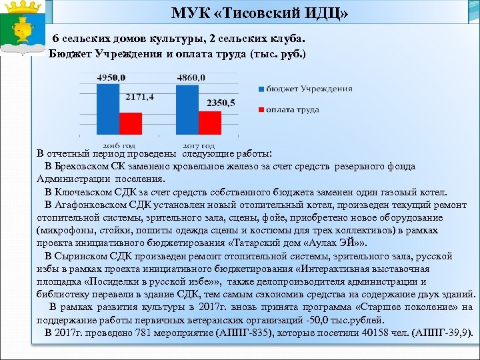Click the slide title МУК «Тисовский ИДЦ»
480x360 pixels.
pos(259,13)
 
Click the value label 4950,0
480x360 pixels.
pos(111,78)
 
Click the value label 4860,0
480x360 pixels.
pos(191,78)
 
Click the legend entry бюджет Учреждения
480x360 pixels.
pos(304,89)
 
